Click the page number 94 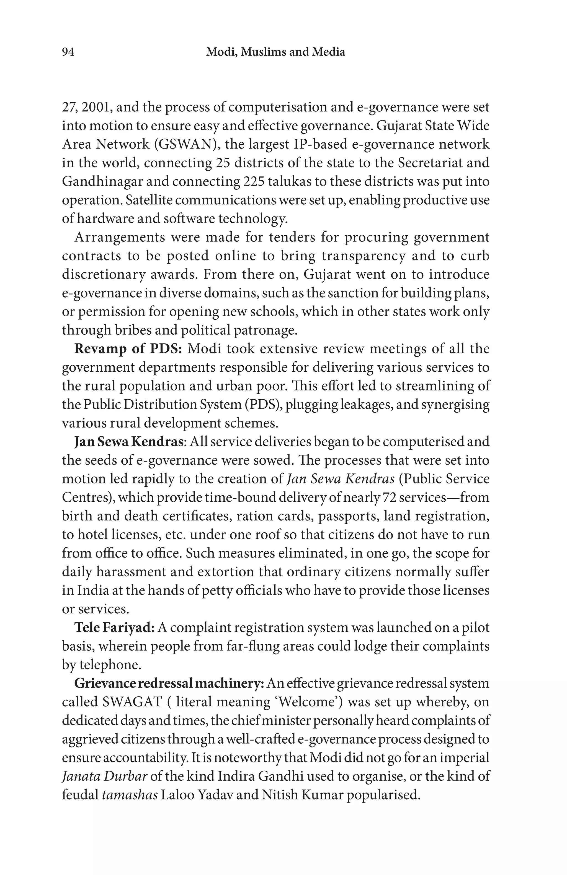68,52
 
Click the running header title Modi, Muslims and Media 275,52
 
